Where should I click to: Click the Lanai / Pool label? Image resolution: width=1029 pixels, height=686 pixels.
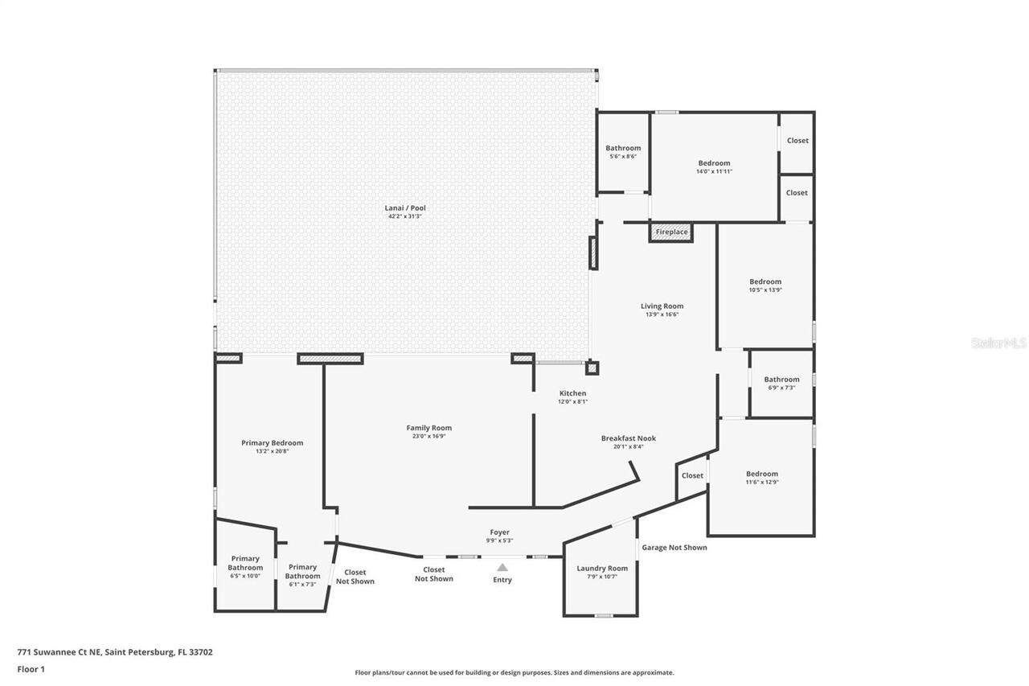[x=404, y=208]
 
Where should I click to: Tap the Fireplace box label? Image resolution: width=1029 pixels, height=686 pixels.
[x=671, y=232]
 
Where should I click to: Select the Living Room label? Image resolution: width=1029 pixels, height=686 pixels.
[x=662, y=306]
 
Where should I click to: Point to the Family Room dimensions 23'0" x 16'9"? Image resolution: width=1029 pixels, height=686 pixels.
[x=428, y=437]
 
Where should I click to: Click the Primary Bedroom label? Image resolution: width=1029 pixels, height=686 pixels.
[x=272, y=443]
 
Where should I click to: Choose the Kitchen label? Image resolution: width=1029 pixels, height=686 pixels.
[x=572, y=393]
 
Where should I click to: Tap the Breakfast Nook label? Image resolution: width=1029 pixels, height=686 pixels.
[x=628, y=438]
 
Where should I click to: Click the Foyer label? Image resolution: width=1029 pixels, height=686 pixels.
[x=499, y=532]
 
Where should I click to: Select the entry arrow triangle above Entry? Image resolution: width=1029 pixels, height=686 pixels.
[x=502, y=567]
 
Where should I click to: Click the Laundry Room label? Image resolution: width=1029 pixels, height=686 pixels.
[x=602, y=569]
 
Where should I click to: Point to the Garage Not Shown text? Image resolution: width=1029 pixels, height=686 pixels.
[x=674, y=548]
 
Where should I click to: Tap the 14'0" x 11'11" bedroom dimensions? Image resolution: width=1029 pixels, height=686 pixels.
[x=713, y=172]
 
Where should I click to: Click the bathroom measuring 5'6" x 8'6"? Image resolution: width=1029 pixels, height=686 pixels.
[x=623, y=152]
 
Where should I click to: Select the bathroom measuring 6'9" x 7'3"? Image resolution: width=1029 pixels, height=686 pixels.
[x=781, y=383]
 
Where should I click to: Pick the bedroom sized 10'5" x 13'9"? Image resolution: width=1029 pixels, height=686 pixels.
[x=765, y=285]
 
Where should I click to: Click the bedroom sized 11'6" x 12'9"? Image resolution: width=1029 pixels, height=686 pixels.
[x=761, y=478]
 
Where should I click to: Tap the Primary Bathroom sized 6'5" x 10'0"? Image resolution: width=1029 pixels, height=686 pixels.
[x=245, y=567]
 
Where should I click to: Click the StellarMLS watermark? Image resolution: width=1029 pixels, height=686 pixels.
[x=998, y=343]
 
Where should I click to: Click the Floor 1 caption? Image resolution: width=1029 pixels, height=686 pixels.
[x=31, y=669]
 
